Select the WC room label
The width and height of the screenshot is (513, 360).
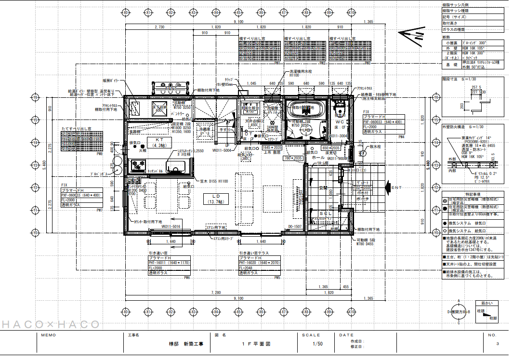[x=340, y=122]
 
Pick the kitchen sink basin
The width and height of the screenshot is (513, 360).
[x=178, y=167]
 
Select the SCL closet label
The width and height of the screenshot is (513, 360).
[x=326, y=213]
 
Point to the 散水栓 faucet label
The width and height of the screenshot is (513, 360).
[x=375, y=146]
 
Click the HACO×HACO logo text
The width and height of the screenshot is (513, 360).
[x=50, y=324]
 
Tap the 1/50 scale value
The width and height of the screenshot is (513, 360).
[x=317, y=344]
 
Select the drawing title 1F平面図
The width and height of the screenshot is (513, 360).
[x=256, y=344]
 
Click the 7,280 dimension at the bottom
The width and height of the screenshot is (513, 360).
[x=215, y=293]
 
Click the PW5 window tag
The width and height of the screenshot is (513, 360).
[x=277, y=278]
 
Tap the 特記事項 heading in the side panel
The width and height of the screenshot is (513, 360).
[x=473, y=193]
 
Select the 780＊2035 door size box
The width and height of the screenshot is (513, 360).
[x=293, y=158]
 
